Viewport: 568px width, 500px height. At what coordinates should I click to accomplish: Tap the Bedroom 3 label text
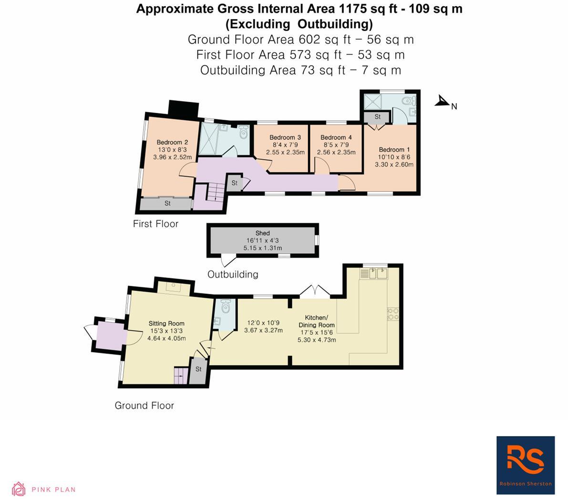[x=285, y=138]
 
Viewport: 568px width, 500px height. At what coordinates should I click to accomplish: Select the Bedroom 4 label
[x=336, y=138]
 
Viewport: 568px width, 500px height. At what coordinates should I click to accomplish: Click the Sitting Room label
[x=166, y=323]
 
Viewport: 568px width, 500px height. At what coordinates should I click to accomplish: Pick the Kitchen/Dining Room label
[x=317, y=321]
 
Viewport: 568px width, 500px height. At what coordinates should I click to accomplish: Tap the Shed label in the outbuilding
[x=263, y=233]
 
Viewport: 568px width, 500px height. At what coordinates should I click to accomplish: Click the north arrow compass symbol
[x=443, y=101]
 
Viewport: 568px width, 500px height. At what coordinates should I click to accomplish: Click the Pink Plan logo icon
[x=19, y=489]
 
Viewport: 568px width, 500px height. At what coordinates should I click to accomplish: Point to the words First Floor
[x=155, y=224]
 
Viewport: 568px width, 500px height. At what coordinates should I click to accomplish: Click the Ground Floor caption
[x=145, y=406]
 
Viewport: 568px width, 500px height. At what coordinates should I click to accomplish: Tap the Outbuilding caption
[x=233, y=274]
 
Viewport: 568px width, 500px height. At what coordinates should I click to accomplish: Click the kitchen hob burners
[x=393, y=313]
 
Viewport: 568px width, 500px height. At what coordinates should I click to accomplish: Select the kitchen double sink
[x=374, y=273]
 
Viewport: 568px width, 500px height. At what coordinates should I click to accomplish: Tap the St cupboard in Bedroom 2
[x=167, y=204]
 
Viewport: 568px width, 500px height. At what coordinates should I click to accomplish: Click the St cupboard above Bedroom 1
[x=377, y=116]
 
